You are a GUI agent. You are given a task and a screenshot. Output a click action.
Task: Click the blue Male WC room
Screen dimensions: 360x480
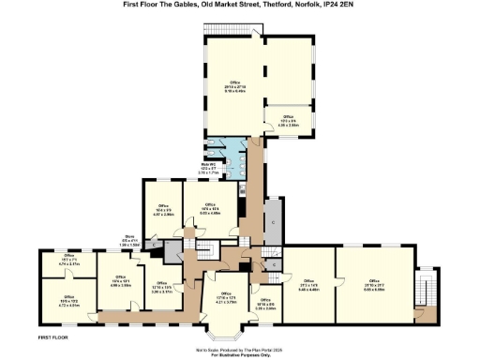click(x=220, y=157)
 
